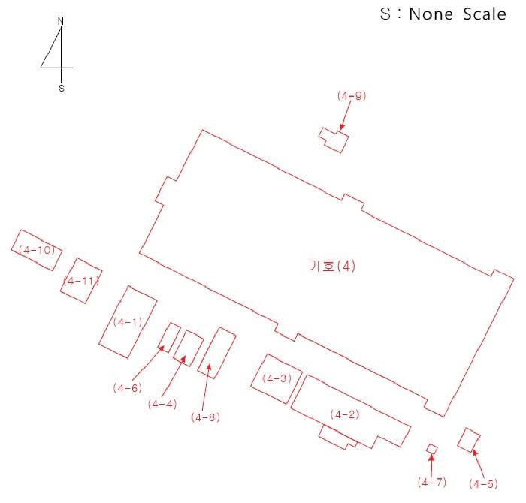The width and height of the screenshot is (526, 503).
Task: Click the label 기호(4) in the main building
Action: click(331, 267)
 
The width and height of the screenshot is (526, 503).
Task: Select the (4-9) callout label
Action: click(352, 96)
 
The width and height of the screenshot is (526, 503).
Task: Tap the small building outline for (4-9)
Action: click(336, 140)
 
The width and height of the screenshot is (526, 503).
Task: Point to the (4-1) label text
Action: click(127, 322)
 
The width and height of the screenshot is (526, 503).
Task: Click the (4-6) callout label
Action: click(127, 387)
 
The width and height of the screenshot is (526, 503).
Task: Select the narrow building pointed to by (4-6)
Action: click(170, 338)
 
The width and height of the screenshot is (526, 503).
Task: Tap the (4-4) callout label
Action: click(163, 404)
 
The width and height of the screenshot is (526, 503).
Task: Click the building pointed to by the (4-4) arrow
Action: click(189, 348)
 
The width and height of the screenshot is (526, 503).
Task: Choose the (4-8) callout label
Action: click(205, 417)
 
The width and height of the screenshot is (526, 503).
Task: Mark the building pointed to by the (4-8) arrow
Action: click(217, 352)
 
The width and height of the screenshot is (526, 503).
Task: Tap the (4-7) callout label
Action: click(432, 481)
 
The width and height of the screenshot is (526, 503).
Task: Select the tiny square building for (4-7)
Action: click(431, 449)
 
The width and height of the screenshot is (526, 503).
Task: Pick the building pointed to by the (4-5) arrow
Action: click(469, 440)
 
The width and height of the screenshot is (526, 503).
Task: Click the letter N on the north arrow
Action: click(60, 22)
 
